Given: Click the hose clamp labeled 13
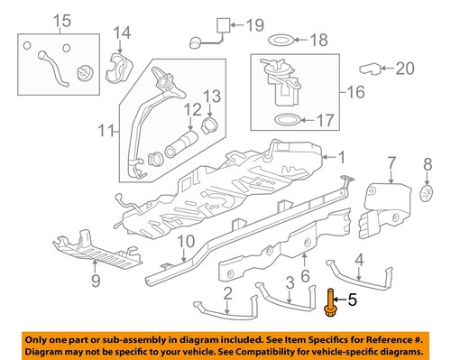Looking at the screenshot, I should tap(209, 124).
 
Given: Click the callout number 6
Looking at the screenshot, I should tap(305, 276).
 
